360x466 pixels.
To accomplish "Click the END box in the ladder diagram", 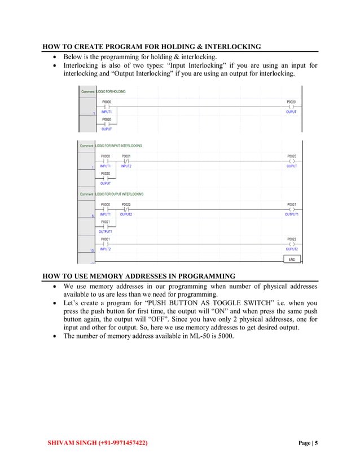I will (292, 259).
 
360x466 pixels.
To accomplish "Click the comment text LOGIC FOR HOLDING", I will (111, 91).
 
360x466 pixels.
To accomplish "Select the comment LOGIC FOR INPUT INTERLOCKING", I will (119, 146).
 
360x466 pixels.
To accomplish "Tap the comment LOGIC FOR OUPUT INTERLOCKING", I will (120, 194).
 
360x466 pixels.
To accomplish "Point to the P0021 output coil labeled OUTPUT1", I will (291, 209).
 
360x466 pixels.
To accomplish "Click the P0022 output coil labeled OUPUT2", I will (291, 244).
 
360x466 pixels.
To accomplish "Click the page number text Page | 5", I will (308, 443).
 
